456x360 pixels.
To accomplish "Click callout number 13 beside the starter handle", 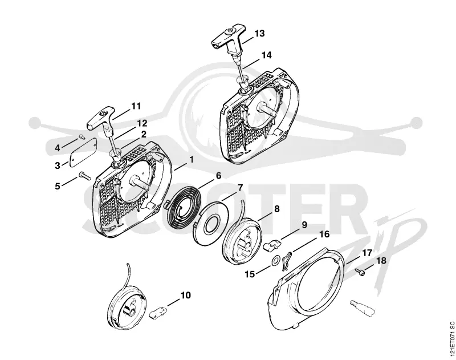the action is (259, 34).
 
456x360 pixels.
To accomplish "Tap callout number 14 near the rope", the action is (266, 55).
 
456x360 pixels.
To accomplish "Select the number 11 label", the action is (136, 106).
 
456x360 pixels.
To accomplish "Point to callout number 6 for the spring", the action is (218, 176).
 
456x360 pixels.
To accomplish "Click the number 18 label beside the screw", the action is (381, 261).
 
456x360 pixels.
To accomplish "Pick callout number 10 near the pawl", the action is (186, 295).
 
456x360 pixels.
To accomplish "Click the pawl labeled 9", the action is (272, 244).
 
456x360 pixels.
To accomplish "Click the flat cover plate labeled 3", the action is (83, 151).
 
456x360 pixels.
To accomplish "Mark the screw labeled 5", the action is (84, 176).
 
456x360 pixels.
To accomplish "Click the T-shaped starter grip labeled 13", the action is (229, 41).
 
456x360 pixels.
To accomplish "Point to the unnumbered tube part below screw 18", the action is (363, 308).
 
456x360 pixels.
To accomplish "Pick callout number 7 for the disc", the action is (240, 188).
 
